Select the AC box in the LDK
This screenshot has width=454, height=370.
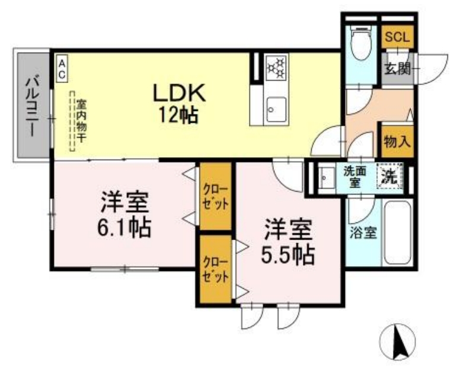[x=62, y=68]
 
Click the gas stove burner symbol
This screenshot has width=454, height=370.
[x=276, y=67]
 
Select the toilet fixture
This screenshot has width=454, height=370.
[x=360, y=44]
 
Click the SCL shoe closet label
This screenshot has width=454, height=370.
[x=397, y=37]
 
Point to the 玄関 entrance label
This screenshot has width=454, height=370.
[x=397, y=68]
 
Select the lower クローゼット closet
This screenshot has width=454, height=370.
[x=214, y=269]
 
